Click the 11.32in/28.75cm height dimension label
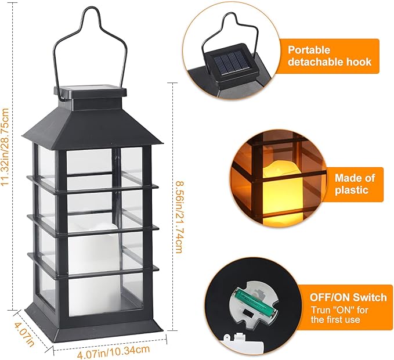click(7, 145)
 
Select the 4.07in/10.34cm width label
click(110, 351)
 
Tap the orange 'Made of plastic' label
click(355, 184)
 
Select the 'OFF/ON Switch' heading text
click(344, 297)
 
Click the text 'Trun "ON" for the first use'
click(344, 314)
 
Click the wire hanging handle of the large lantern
click(89, 35)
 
